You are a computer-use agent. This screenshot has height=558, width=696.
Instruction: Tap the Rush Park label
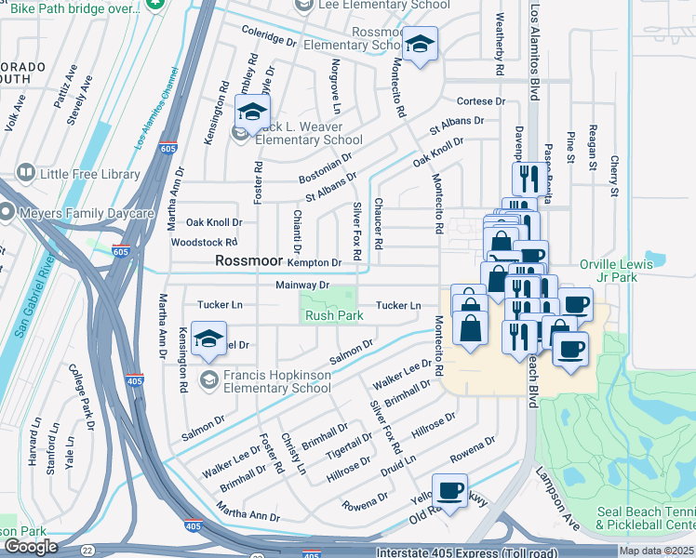(x=334, y=316)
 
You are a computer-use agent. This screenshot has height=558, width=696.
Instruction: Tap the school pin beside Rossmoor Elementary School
(x=421, y=45)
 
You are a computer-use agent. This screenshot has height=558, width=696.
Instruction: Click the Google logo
(x=32, y=546)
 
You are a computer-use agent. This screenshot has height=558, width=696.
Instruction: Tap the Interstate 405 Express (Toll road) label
(x=502, y=551)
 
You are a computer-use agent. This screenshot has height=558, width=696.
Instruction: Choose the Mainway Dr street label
(x=303, y=286)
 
